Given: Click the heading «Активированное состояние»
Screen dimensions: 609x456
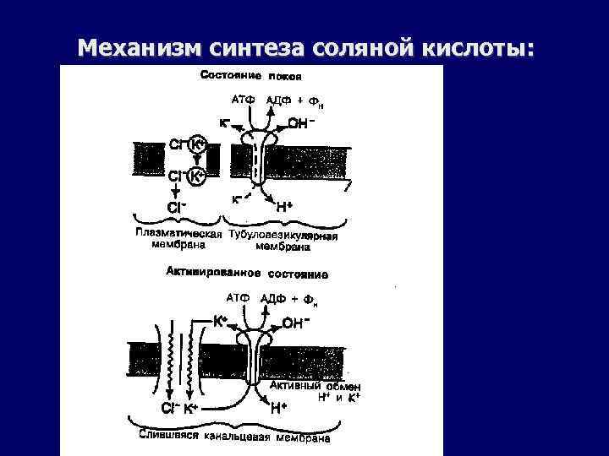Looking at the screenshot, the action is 251,274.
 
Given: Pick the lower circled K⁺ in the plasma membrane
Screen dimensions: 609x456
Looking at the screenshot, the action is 196,176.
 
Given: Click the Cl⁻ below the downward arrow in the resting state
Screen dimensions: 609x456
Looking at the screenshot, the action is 177,205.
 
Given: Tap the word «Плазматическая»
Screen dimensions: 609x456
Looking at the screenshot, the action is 178,233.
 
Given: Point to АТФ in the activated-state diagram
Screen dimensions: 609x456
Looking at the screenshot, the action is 239,297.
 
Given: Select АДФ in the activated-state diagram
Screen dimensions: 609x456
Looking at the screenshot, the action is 274,298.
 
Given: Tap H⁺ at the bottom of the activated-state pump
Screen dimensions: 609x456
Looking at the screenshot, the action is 282,409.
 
